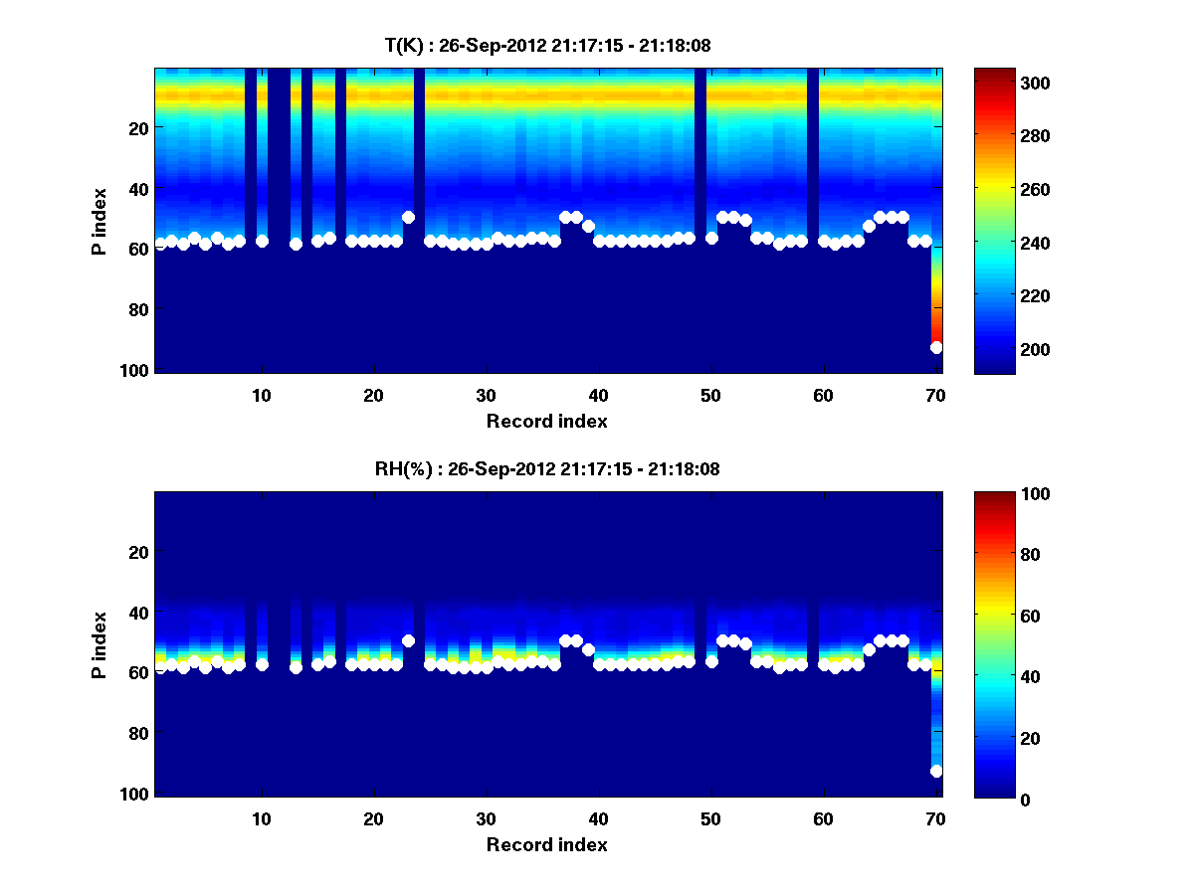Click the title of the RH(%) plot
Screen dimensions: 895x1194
point(553,469)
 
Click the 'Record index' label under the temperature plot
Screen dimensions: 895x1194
point(546,421)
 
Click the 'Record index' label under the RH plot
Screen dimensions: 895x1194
point(546,844)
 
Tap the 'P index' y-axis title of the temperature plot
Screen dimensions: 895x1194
point(99,221)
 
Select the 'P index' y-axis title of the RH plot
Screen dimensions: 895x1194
point(99,644)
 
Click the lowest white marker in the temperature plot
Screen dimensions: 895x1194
point(936,347)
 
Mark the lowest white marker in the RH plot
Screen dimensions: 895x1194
point(936,771)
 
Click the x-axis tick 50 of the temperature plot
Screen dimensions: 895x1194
point(710,395)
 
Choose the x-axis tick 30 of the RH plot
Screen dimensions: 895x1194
point(486,818)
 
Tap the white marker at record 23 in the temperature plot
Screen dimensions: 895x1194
point(408,217)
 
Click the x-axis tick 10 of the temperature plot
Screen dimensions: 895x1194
point(261,395)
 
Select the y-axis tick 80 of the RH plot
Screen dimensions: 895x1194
point(139,734)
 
